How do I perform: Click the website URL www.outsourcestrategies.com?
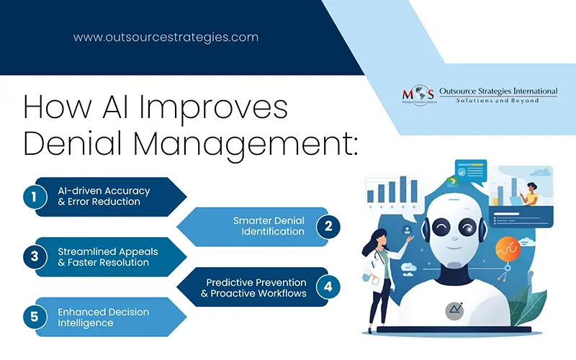pos(165,37)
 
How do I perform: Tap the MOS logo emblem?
pos(418,96)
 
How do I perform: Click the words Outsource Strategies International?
pos(498,91)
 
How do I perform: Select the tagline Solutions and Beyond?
pos(498,102)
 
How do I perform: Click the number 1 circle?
pos(35,197)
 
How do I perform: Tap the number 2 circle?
pos(328,226)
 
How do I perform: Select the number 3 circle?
pos(35,257)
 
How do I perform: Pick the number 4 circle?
pos(328,287)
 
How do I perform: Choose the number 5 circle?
pos(35,317)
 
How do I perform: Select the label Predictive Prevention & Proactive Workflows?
pos(256,287)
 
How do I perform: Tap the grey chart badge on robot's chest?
pos(455,310)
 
